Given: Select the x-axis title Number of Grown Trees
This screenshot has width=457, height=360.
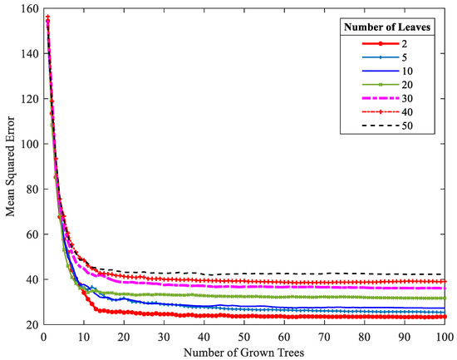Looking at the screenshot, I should pyautogui.click(x=243, y=352).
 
